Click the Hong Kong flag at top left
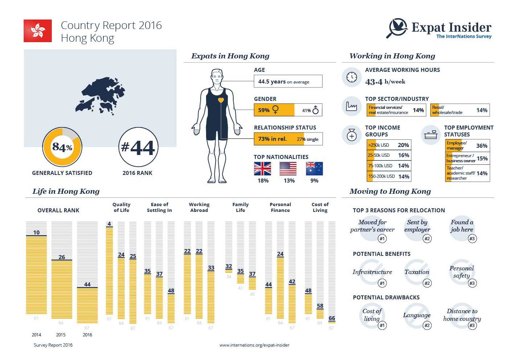pyautogui.click(x=38, y=31)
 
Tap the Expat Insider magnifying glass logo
pyautogui.click(x=397, y=28)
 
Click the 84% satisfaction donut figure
pyautogui.click(x=62, y=147)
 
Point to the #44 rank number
pyautogui.click(x=138, y=147)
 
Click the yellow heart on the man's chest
pyautogui.click(x=221, y=100)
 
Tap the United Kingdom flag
pyautogui.click(x=263, y=169)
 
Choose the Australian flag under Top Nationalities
pyautogui.click(x=314, y=169)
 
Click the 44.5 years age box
pyautogui.click(x=288, y=82)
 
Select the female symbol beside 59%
pyautogui.click(x=275, y=110)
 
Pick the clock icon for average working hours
pyautogui.click(x=352, y=77)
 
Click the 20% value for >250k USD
pyautogui.click(x=403, y=145)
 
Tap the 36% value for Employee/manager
pyautogui.click(x=482, y=146)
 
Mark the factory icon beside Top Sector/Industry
pyautogui.click(x=352, y=106)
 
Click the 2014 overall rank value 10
pyautogui.click(x=36, y=232)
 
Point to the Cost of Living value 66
pyautogui.click(x=332, y=318)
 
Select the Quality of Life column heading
pyautogui.click(x=121, y=207)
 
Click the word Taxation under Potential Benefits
pyautogui.click(x=417, y=272)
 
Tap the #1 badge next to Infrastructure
pyautogui.click(x=382, y=283)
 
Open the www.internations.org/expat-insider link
pyautogui.click(x=254, y=345)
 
